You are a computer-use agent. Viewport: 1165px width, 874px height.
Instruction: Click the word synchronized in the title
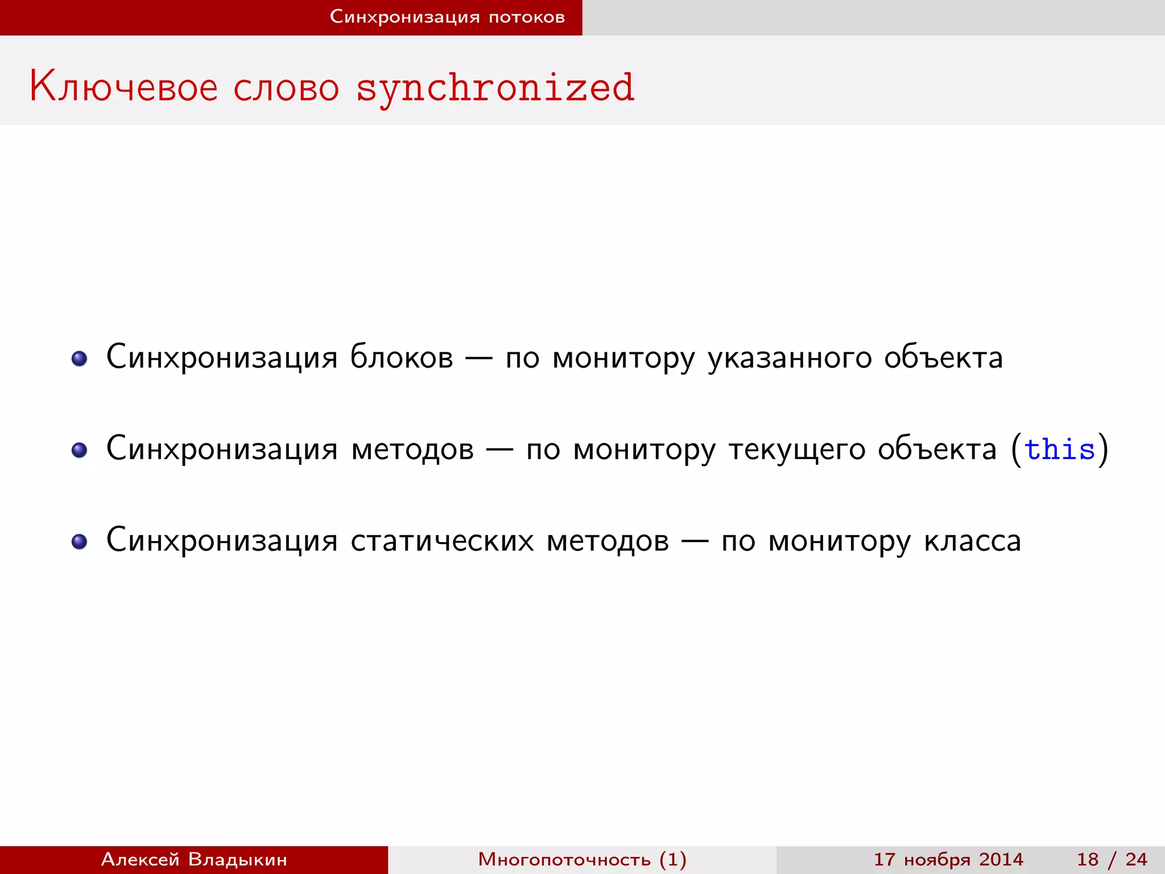(495, 88)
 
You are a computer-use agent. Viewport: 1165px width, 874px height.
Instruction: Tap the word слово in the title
(286, 89)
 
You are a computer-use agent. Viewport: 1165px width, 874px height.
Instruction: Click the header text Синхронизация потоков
(447, 17)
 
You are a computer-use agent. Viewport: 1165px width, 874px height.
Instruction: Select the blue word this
(1059, 449)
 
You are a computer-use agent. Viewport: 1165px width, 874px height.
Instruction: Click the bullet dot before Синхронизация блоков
(79, 358)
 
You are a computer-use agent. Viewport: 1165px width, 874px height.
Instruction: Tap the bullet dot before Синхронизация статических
(79, 542)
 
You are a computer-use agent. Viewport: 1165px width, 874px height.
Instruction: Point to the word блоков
(402, 357)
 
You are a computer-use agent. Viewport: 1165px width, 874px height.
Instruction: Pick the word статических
(442, 541)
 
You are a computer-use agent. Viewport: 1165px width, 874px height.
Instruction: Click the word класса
(972, 541)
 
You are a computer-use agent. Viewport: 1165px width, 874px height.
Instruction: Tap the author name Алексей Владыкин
(194, 859)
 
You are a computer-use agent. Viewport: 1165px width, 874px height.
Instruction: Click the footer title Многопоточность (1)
(582, 859)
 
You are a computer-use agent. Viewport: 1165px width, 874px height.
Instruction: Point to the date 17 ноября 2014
(948, 859)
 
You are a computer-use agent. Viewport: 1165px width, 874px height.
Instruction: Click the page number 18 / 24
(1112, 859)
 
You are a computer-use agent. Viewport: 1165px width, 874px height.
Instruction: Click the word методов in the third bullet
(608, 541)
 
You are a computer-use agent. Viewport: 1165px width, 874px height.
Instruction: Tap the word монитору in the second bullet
(644, 450)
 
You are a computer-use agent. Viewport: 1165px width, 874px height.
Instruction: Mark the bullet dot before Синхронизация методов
(79, 450)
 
